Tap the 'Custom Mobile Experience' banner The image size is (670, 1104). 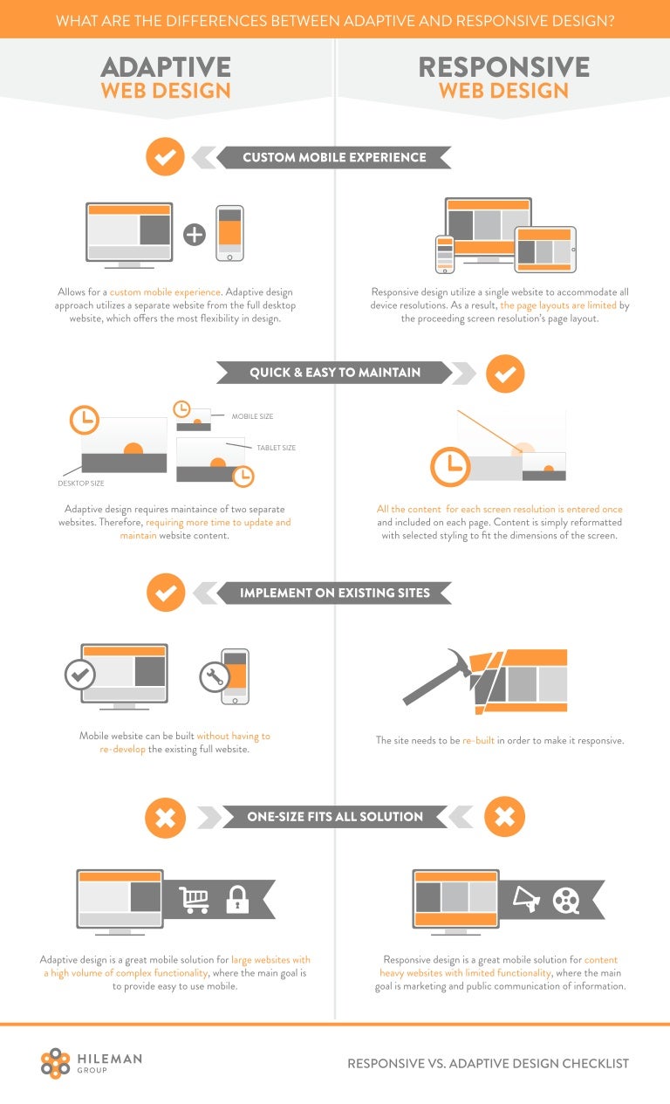[x=334, y=158]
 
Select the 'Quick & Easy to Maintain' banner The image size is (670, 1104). [x=335, y=373]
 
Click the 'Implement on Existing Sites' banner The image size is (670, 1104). [x=335, y=593]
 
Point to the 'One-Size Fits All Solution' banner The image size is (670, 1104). [x=335, y=817]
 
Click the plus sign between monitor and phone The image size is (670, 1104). [x=194, y=234]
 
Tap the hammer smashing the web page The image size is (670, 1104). [x=436, y=677]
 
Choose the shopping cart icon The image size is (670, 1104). [x=195, y=900]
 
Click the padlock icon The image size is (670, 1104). [x=236, y=900]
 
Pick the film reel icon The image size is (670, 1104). [x=566, y=900]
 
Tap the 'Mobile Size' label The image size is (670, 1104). [x=252, y=416]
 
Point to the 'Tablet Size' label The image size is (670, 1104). [x=276, y=448]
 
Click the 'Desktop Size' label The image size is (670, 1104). [x=80, y=483]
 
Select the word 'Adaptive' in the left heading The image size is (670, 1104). [x=166, y=67]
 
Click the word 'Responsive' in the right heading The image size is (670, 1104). [x=503, y=67]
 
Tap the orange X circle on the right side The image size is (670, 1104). [x=504, y=817]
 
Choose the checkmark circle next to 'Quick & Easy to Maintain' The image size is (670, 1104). [x=504, y=373]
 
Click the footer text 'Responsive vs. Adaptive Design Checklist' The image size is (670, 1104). [x=488, y=1063]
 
